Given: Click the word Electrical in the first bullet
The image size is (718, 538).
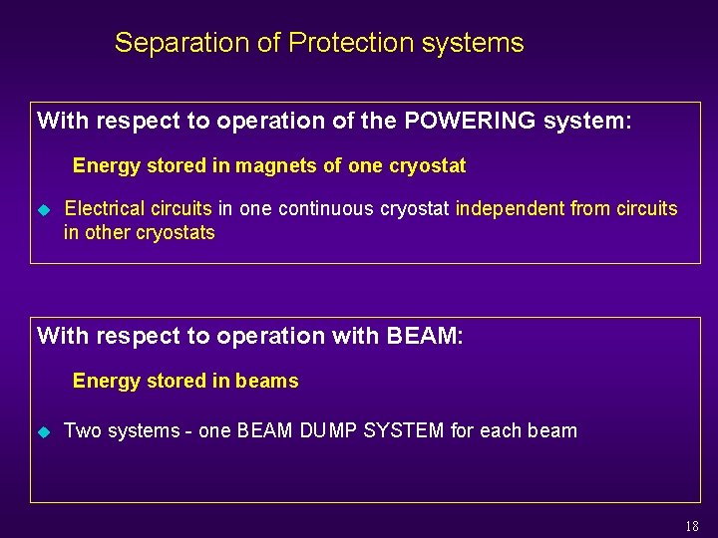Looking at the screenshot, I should pos(105,209).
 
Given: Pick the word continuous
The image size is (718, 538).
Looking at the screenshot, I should pos(322,209).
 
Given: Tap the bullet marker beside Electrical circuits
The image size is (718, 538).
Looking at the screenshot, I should pos(43,210).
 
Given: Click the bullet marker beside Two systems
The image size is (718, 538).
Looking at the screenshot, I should pos(43,432).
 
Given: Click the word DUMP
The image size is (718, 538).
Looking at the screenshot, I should pos(324,431).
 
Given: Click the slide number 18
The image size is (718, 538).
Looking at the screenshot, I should pos(692,526).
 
